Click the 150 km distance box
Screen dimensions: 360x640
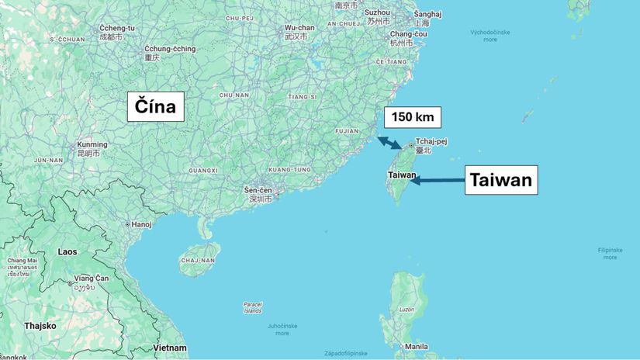[x=413, y=118]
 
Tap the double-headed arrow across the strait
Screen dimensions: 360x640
[x=389, y=143]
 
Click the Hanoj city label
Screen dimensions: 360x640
[x=141, y=224]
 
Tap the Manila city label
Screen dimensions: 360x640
[x=416, y=346]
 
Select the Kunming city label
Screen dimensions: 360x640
[x=92, y=145]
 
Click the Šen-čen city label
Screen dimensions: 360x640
[x=258, y=190]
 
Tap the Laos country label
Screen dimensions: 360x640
[x=67, y=252]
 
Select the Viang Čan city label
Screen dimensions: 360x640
[x=90, y=278]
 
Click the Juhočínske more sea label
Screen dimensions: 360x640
[x=282, y=329]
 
